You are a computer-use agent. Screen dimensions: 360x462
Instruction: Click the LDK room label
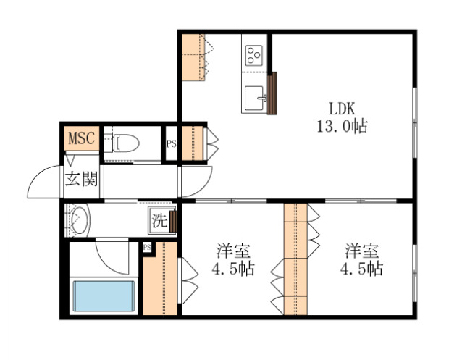342,109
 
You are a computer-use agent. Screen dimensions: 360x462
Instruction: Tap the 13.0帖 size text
341,126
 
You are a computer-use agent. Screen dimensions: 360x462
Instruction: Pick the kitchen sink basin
255,96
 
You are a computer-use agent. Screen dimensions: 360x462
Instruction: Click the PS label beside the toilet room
172,143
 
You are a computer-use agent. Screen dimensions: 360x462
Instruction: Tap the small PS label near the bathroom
147,248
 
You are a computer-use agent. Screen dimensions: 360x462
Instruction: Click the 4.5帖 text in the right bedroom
362,269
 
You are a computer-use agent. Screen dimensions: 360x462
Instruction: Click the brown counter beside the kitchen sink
273,93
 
